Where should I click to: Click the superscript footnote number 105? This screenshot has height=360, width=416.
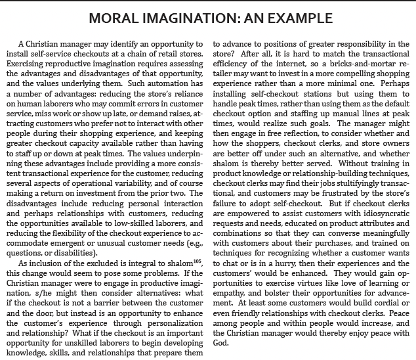[183, 261]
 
